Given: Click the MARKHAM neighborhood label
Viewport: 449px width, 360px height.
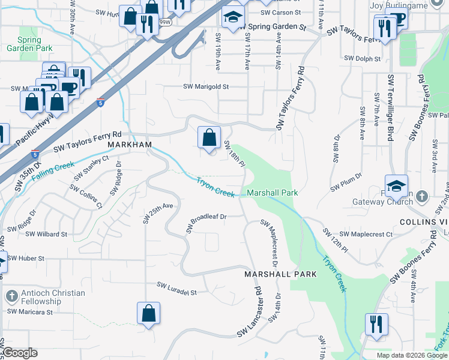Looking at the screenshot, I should (128, 146).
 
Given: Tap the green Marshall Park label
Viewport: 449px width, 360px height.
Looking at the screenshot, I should (273, 193).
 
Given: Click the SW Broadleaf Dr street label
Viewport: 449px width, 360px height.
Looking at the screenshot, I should (206, 223).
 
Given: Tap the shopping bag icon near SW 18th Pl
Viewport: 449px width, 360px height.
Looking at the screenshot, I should (208, 138).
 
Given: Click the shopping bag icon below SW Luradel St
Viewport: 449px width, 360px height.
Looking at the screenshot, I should (148, 314).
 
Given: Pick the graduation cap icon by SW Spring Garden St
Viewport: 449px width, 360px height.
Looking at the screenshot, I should (232, 18).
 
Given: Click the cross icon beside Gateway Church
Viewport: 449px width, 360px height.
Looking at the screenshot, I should (422, 196).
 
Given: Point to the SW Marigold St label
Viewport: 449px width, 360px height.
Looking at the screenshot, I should (206, 86).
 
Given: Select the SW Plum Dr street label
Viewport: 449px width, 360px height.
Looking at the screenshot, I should (346, 183).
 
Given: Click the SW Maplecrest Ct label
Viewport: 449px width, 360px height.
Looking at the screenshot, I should (366, 234).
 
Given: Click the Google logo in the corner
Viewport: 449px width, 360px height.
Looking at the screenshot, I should (20, 353).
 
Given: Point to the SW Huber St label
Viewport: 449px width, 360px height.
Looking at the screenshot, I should (26, 258).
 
